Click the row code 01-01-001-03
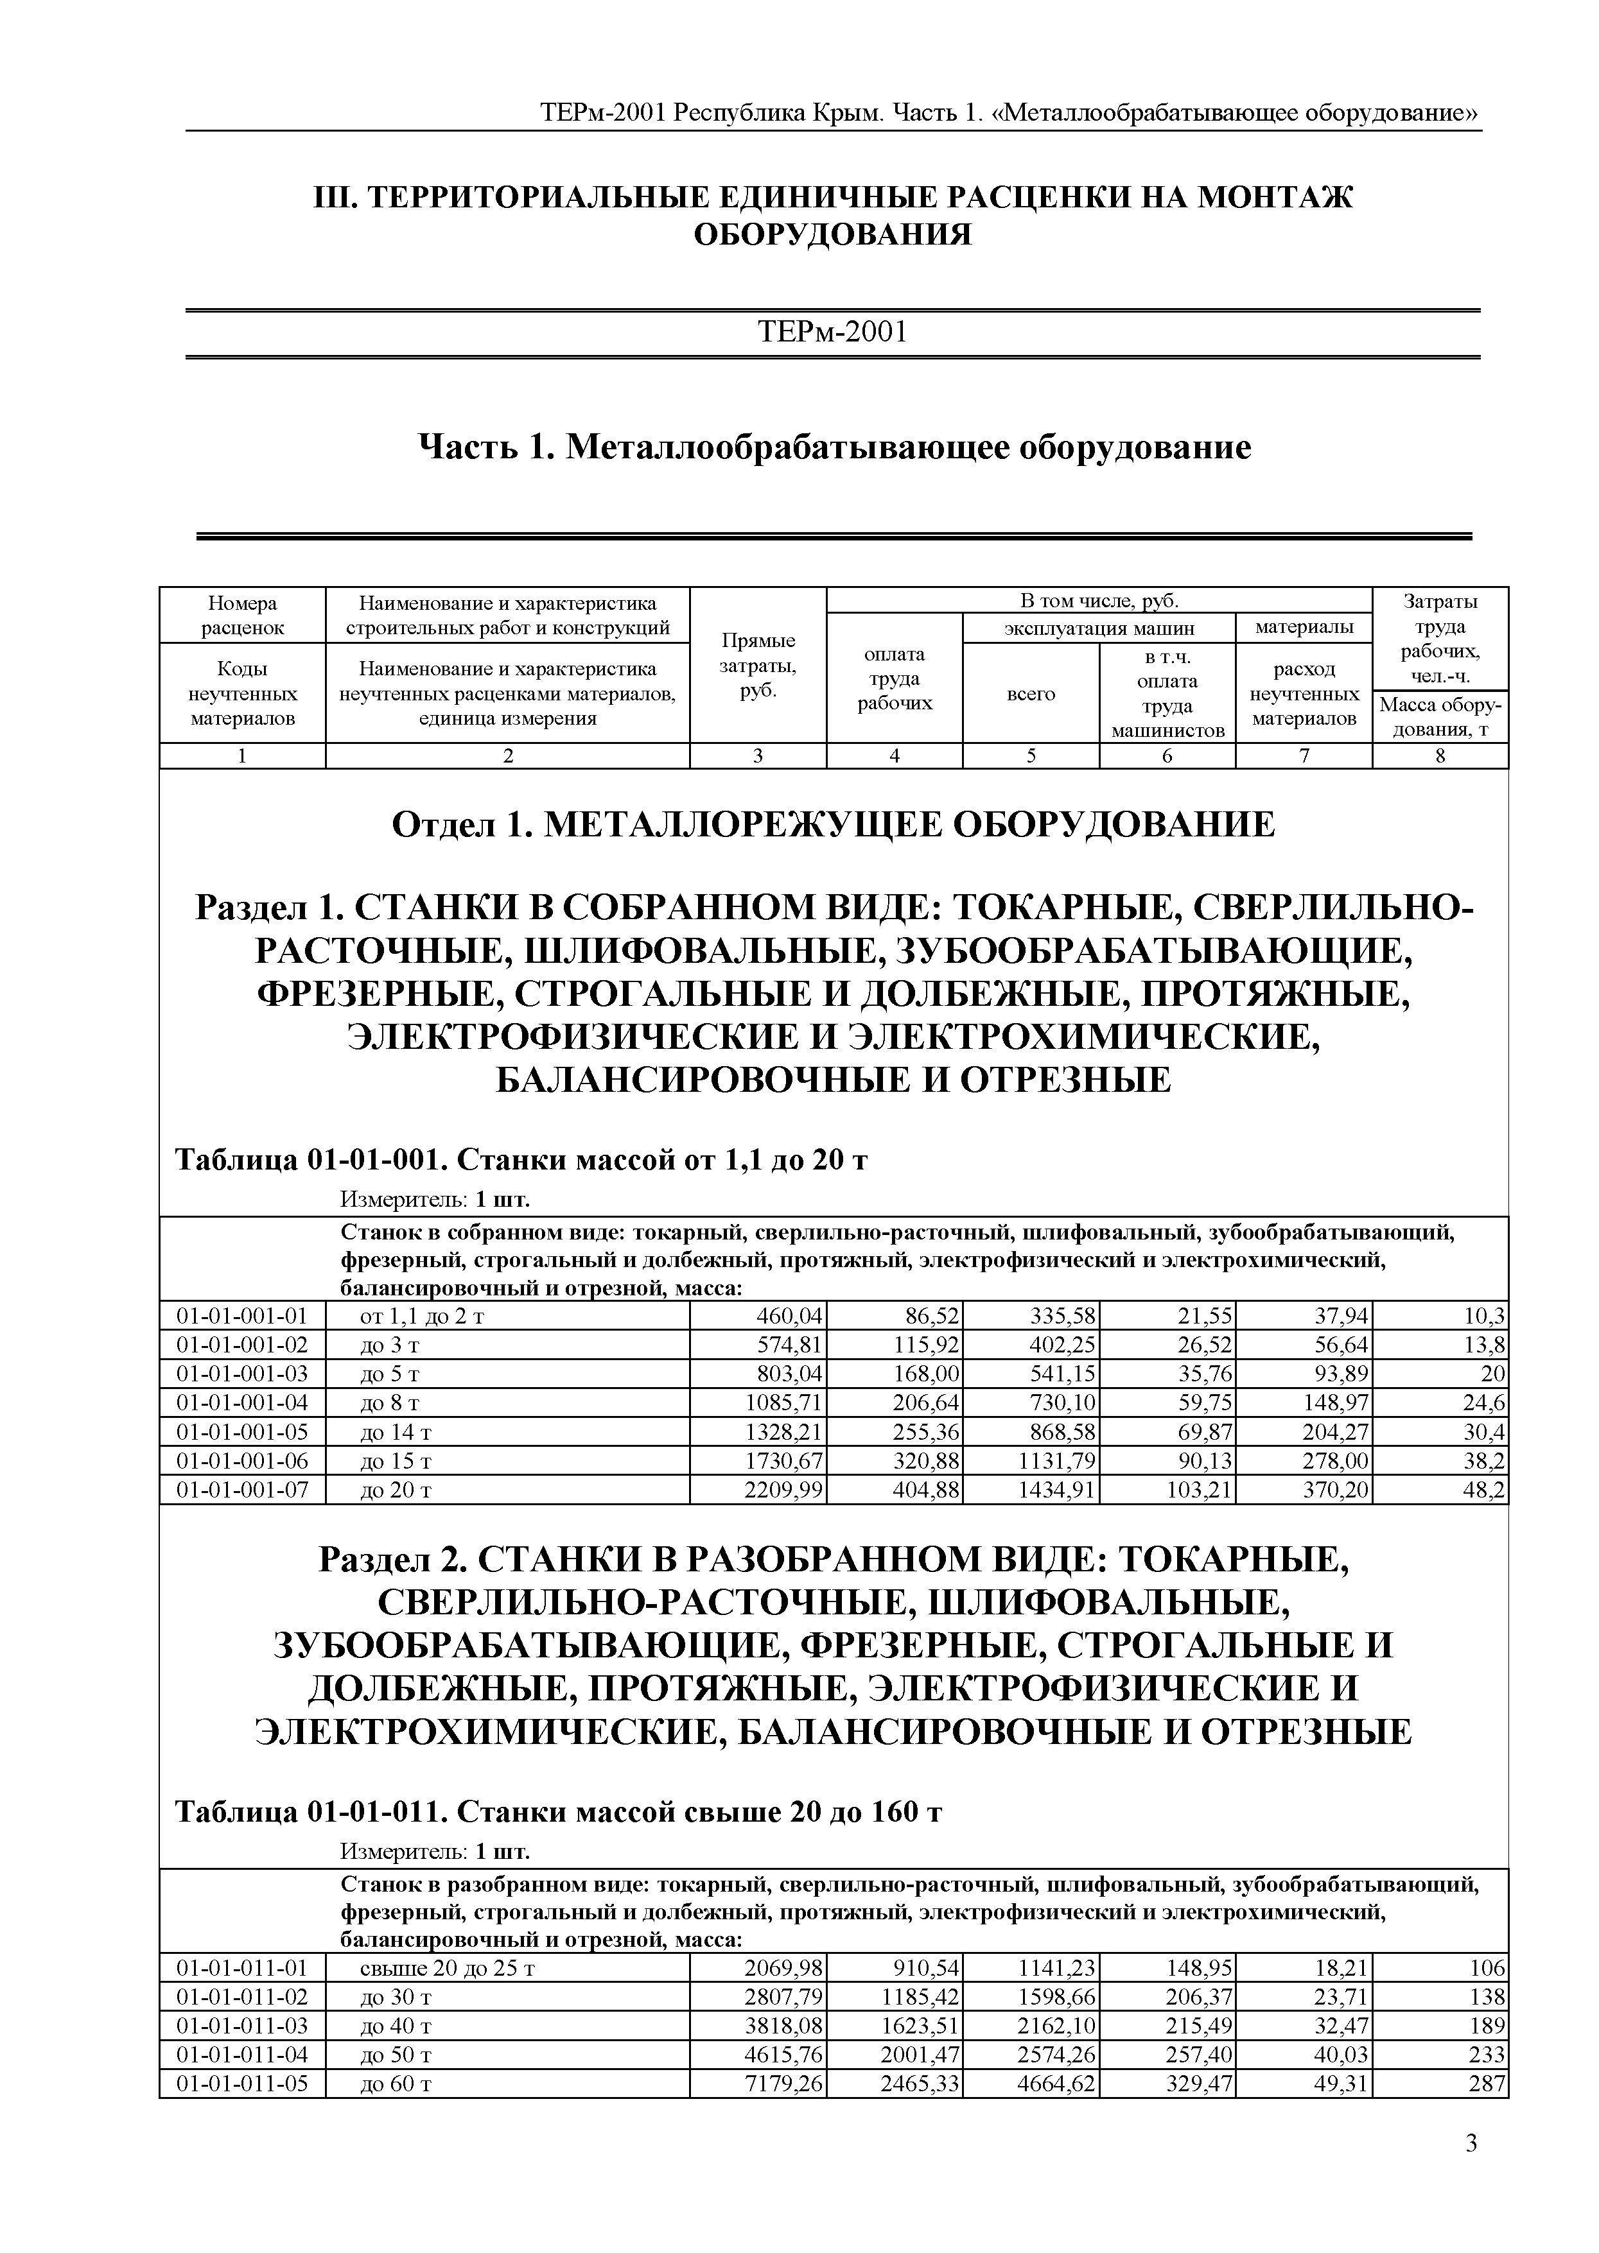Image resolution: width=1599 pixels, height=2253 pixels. (242, 1373)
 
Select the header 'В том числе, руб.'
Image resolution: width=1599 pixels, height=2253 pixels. (1099, 600)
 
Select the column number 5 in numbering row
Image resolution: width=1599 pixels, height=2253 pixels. (1031, 756)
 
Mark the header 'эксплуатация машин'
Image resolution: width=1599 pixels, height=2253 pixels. (1099, 627)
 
